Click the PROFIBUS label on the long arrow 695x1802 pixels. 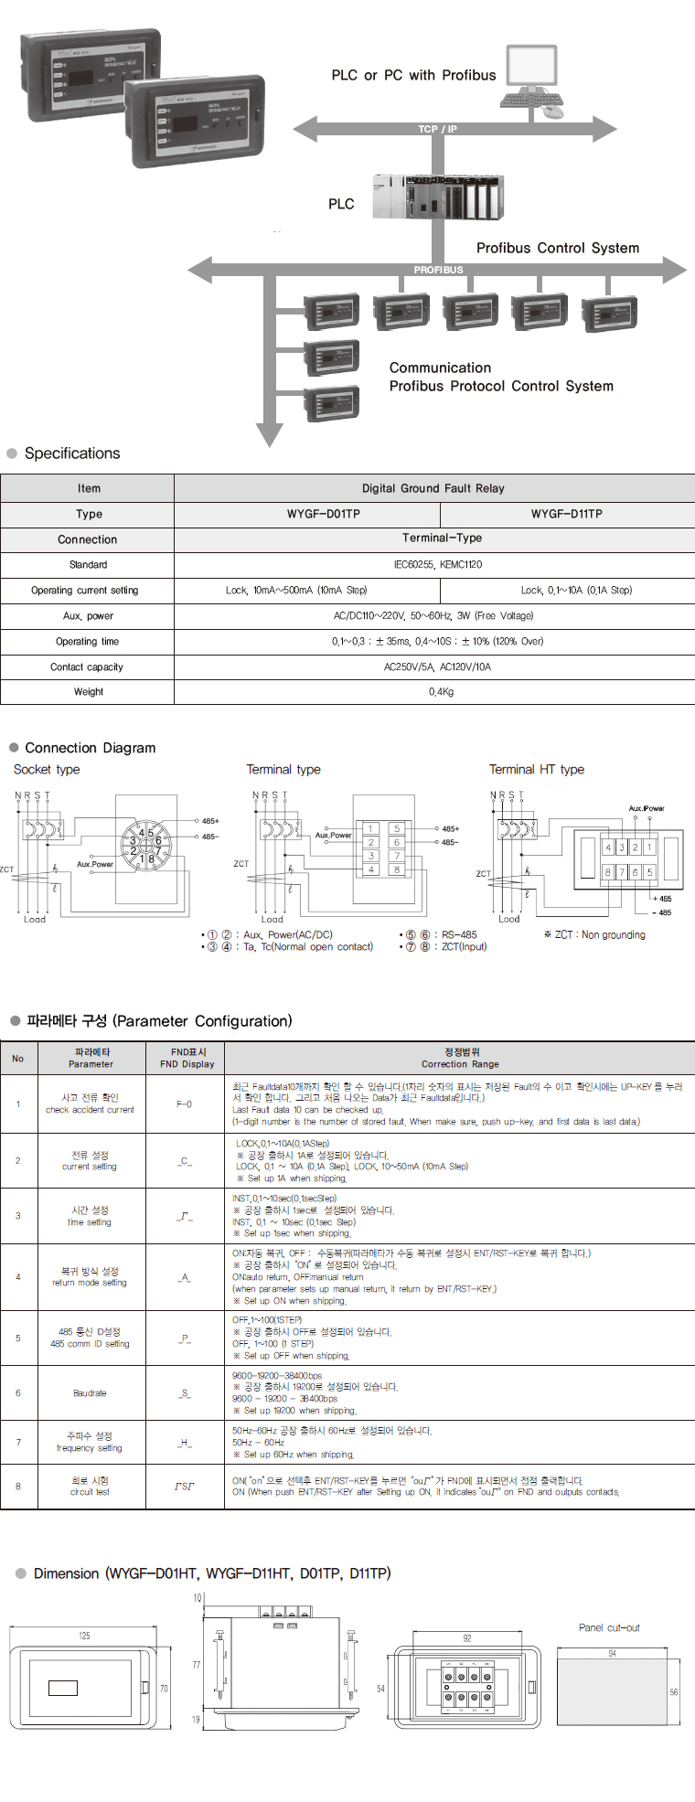[438, 270]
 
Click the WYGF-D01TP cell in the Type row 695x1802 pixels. [323, 514]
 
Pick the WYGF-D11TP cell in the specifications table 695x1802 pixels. [566, 514]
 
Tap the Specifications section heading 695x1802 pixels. [71, 453]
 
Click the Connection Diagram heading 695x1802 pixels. [90, 748]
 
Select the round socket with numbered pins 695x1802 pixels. [143, 846]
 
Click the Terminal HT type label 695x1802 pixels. [536, 770]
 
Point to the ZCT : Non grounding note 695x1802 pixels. [594, 934]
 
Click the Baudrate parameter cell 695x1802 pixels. [90, 1393]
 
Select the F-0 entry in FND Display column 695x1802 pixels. [184, 1104]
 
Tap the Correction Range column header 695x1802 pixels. [460, 1064]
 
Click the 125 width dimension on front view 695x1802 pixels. [84, 1636]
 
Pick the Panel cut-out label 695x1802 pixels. [609, 1627]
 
